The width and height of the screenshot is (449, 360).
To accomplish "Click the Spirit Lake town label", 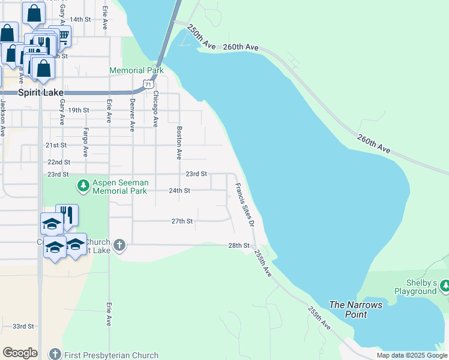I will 37,92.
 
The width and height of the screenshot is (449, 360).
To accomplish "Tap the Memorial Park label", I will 136,70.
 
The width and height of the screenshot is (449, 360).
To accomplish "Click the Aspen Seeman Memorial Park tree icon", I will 83,186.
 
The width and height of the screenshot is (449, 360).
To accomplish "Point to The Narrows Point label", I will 355,310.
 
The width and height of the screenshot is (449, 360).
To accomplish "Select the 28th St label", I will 238,245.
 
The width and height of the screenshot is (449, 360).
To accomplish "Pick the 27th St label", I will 182,221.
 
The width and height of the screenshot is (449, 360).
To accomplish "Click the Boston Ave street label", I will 179,142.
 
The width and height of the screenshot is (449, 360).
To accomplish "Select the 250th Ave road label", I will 200,37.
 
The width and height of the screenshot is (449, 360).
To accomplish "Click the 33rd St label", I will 23,326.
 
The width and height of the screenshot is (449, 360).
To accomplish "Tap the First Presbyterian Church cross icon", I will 55,355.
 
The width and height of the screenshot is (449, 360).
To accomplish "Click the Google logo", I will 20,353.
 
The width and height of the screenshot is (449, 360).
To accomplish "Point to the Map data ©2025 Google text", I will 411,355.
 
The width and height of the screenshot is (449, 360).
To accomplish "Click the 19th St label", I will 79,110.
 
